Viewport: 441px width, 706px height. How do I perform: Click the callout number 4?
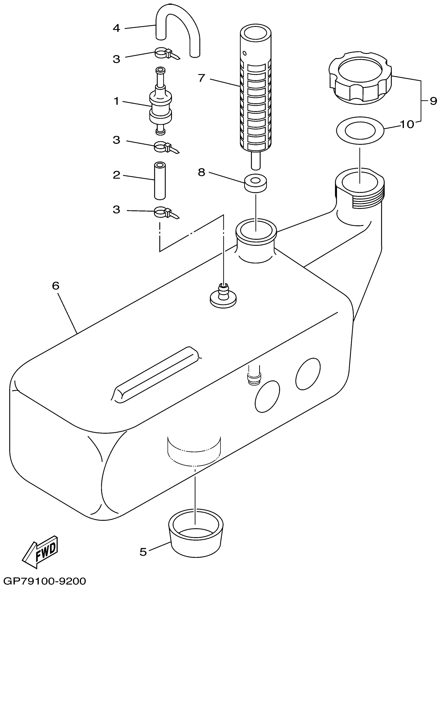pyautogui.click(x=116, y=28)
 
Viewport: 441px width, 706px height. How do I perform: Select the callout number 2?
pyautogui.click(x=116, y=175)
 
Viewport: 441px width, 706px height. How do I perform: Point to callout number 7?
pyautogui.click(x=202, y=78)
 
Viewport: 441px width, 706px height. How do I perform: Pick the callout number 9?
pyautogui.click(x=433, y=101)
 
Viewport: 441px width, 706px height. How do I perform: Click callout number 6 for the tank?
pyautogui.click(x=56, y=286)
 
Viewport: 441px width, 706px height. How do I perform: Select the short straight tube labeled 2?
pyautogui.click(x=160, y=181)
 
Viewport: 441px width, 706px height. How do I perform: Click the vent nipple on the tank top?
pyautogui.click(x=223, y=295)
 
